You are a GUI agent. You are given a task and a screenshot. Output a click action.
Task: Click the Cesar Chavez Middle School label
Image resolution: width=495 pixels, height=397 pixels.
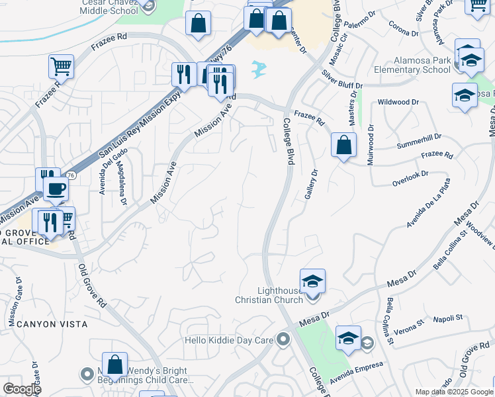coord(109,7)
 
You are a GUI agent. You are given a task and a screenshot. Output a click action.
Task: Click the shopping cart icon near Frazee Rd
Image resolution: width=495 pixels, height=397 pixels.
coord(60,66)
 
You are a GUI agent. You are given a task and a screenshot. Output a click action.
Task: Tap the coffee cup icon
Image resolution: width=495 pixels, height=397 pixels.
coord(56,190)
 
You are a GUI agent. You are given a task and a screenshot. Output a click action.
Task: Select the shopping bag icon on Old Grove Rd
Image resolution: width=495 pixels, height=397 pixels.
coord(115,364)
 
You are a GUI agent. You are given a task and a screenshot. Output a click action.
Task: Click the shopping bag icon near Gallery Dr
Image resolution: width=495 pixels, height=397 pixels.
coord(343,145)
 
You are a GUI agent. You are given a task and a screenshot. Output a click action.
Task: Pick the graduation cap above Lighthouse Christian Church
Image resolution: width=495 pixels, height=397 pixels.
coord(312,281)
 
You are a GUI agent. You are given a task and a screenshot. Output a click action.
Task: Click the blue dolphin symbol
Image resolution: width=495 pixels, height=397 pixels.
coord(259,67)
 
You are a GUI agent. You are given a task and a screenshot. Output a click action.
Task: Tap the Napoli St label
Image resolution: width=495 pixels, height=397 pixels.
coord(448,318)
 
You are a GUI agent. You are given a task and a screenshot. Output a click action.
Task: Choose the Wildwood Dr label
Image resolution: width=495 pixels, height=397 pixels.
coord(398,102)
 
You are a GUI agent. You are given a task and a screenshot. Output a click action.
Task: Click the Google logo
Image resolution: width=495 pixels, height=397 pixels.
coord(22,388)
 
